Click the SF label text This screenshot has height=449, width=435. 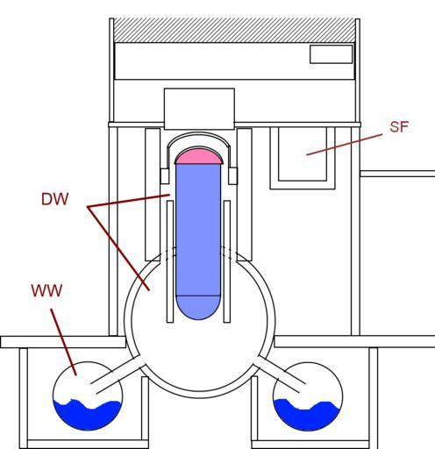click(399, 127)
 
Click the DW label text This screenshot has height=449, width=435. click(55, 199)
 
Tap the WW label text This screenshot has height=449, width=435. click(46, 290)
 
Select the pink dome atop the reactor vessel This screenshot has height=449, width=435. click(198, 156)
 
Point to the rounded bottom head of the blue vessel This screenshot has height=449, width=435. click(198, 308)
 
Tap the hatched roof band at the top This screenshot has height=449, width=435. click(234, 30)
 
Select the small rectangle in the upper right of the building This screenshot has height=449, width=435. click(331, 54)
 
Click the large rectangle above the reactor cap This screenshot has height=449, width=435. click(199, 109)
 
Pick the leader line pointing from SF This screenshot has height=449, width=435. click(344, 145)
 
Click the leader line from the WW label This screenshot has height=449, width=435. click(64, 342)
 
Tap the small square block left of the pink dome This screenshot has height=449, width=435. click(165, 176)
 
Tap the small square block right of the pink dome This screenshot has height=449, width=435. click(232, 175)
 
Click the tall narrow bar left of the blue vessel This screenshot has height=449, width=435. click(170, 261)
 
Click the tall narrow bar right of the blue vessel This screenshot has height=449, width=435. click(227, 261)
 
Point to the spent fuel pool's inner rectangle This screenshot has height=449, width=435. click(303, 154)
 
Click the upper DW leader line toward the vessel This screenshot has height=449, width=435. click(128, 201)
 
